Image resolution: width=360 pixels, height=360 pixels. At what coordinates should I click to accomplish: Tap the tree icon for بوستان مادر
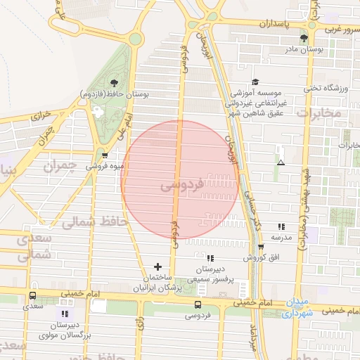(x=303, y=38)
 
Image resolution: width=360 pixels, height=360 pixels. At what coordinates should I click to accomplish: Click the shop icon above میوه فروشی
(x=105, y=155)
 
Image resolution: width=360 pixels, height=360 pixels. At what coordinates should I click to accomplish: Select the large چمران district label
(x=58, y=167)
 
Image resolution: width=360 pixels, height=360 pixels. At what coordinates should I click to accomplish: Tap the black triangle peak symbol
(x=281, y=163)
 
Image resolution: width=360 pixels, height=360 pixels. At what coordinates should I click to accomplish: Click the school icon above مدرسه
(x=281, y=226)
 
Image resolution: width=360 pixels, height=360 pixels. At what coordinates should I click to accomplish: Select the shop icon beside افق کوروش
(x=261, y=246)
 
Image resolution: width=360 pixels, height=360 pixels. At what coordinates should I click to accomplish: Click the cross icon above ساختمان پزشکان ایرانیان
(x=157, y=266)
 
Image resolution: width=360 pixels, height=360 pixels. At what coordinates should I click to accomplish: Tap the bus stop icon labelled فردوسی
(x=198, y=305)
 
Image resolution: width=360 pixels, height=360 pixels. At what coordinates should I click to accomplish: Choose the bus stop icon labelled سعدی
(x=33, y=296)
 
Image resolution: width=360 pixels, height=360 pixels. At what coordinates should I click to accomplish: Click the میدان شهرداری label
(x=297, y=308)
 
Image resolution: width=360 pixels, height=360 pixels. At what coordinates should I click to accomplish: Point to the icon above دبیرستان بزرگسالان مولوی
(x=66, y=314)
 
